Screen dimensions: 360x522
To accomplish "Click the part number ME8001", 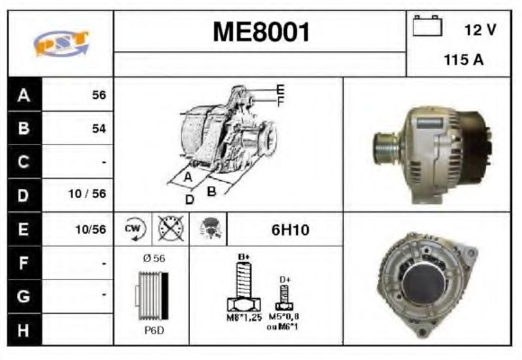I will (x=262, y=33).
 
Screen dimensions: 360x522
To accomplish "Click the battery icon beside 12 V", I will (x=427, y=28).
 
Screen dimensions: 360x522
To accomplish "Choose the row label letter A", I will (x=23, y=94).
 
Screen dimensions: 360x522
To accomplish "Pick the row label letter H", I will (x=23, y=329).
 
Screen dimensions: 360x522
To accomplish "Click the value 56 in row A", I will (x=98, y=94).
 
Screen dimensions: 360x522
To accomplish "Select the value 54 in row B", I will (x=98, y=129).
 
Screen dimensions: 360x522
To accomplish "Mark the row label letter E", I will (x=23, y=229).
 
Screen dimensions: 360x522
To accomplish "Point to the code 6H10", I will (x=290, y=229).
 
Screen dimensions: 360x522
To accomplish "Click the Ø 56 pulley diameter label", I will (x=152, y=258).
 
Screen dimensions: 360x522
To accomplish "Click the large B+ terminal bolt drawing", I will (x=242, y=288).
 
